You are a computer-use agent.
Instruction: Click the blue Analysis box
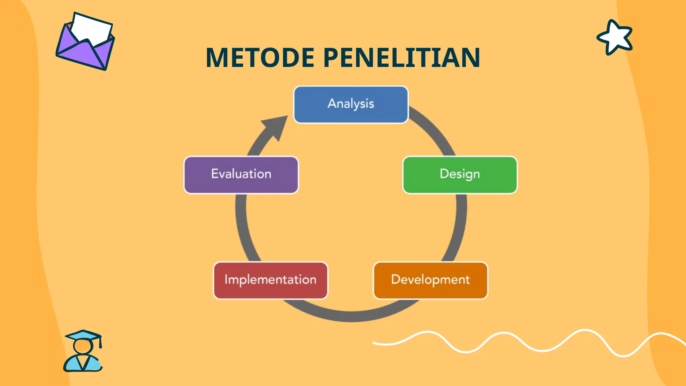click(x=351, y=105)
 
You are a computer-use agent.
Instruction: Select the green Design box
click(x=460, y=175)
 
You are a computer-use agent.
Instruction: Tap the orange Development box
click(x=430, y=280)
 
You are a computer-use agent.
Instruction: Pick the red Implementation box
click(x=270, y=280)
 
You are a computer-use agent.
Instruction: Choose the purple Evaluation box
click(x=241, y=175)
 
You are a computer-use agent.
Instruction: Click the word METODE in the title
click(x=260, y=58)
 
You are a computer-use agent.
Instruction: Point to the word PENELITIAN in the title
click(x=402, y=58)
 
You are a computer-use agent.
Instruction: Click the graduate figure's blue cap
click(x=83, y=335)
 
